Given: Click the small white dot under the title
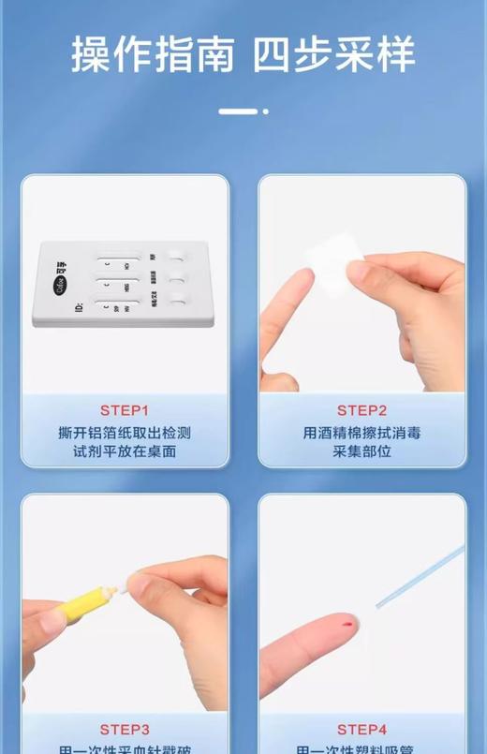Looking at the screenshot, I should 266,111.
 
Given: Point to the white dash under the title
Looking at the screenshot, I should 238,111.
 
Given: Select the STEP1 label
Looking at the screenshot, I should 125,410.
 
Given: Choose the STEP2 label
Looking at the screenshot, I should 362,410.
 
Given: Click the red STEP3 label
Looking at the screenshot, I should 125,729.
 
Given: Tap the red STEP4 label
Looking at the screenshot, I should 362,729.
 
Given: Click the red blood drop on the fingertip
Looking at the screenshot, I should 349,623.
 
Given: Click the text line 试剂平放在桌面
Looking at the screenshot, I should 125,451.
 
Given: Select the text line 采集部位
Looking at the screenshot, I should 362,451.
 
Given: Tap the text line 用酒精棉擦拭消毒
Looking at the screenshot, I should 362,433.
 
